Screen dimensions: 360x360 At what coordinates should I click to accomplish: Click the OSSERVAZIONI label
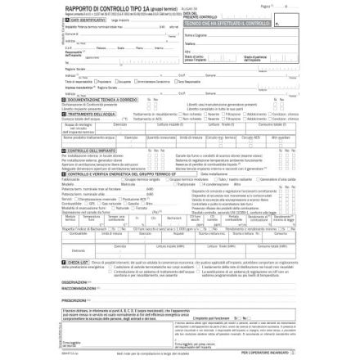(74, 282)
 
